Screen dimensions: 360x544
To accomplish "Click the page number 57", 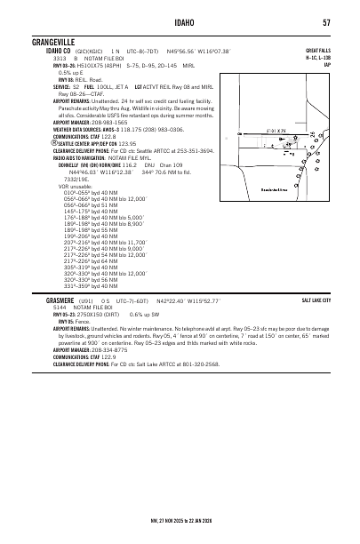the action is point(327,22).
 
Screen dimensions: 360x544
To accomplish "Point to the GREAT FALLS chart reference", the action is point(317,51).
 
